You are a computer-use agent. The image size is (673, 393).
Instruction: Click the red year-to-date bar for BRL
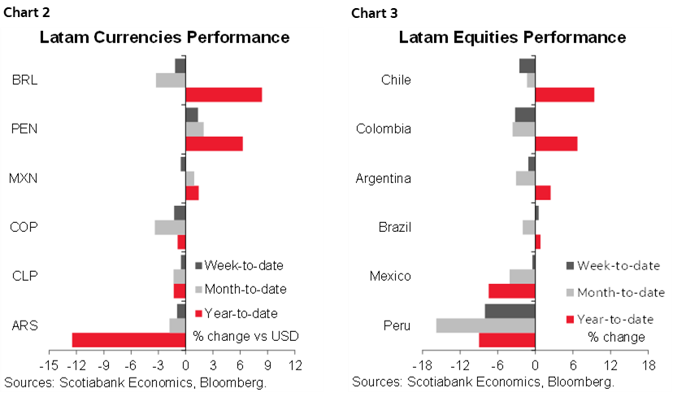224,94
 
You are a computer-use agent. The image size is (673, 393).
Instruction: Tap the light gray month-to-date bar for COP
170,227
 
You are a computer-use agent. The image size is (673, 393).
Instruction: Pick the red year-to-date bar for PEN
214,143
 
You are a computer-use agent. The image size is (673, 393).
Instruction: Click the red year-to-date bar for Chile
564,94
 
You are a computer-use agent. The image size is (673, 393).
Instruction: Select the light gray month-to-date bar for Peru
485,325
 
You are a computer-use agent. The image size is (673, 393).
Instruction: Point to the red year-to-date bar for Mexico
511,290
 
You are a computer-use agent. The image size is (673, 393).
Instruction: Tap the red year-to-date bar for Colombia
556,143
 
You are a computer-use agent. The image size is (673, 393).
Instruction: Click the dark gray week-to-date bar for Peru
510,310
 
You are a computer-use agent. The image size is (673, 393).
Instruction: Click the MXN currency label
24,178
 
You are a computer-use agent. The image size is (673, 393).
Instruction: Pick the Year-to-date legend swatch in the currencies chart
198,313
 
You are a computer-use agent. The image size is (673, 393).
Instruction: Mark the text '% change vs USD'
245,336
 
